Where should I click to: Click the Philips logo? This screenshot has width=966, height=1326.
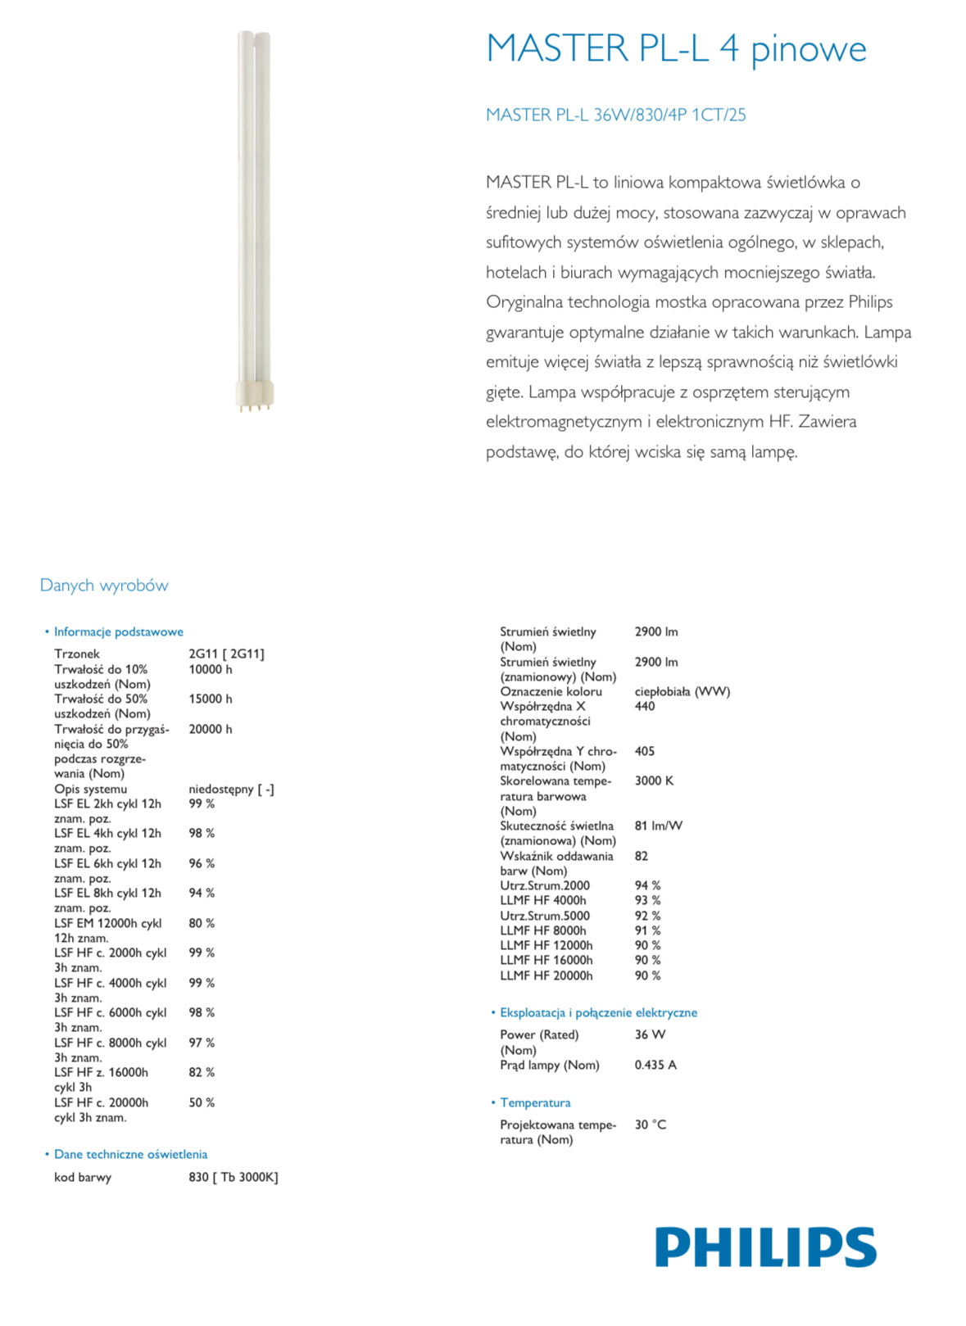click(765, 1247)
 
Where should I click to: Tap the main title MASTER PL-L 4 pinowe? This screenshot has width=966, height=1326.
click(676, 49)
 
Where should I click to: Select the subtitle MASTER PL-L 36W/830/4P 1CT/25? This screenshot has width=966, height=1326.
click(615, 115)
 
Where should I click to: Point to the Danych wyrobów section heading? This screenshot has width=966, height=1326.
click(104, 585)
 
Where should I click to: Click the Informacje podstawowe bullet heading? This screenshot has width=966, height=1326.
click(118, 631)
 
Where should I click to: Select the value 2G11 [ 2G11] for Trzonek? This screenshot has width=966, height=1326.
click(226, 654)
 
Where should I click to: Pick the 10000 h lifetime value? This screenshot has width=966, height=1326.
click(211, 669)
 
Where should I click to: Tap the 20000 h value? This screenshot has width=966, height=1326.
click(211, 729)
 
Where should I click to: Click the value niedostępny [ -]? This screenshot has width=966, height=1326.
click(231, 789)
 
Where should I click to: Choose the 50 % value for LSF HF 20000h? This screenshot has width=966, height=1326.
click(202, 1102)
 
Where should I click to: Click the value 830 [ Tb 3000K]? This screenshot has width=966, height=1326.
click(234, 1177)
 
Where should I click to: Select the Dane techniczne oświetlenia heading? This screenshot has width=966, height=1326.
click(130, 1154)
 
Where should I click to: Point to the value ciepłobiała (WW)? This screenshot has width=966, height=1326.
click(682, 691)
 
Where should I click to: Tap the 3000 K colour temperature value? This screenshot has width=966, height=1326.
click(654, 781)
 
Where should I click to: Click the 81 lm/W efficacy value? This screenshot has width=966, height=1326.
click(658, 826)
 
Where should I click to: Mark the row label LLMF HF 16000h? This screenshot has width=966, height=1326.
click(546, 960)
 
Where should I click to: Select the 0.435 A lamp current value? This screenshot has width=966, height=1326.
click(655, 1065)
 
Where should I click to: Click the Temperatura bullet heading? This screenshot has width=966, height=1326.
click(535, 1102)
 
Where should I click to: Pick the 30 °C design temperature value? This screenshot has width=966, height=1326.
click(651, 1125)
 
